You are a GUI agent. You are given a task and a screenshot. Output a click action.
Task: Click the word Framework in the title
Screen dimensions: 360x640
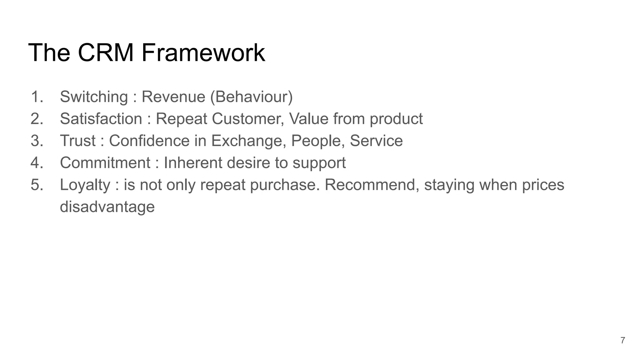coord(203,52)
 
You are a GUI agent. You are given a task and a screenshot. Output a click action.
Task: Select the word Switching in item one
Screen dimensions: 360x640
coord(94,97)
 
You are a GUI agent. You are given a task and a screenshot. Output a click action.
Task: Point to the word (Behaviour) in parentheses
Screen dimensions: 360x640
coord(252,97)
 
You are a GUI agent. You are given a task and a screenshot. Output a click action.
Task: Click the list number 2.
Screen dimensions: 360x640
coord(37,119)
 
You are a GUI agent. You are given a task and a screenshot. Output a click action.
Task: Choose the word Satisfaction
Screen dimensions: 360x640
coord(101,119)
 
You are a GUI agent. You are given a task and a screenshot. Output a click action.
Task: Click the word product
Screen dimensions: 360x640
coord(396,119)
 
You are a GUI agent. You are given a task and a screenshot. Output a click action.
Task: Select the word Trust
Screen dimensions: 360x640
coord(77,141)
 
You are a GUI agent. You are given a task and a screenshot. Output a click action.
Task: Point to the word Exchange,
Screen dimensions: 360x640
coord(249,141)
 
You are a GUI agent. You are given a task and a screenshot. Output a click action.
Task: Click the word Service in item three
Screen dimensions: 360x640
coord(376,141)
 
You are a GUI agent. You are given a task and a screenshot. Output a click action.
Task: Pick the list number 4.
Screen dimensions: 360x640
coord(37,163)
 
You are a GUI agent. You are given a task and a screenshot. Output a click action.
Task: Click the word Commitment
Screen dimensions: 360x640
coord(105,163)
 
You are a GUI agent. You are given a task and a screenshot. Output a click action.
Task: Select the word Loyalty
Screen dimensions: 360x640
coord(85,185)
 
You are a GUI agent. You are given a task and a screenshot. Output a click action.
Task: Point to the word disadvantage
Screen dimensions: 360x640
coord(107,207)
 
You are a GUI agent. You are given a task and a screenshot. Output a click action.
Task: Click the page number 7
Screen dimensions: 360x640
coord(622,340)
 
